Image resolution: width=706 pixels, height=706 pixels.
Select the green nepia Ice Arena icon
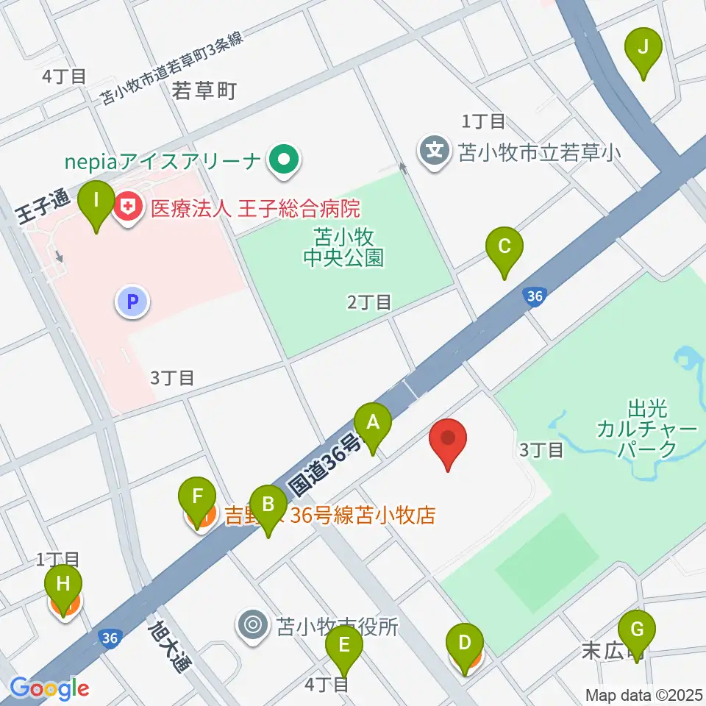[x=282, y=158]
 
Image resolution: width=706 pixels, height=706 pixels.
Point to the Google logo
[x=50, y=688]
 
